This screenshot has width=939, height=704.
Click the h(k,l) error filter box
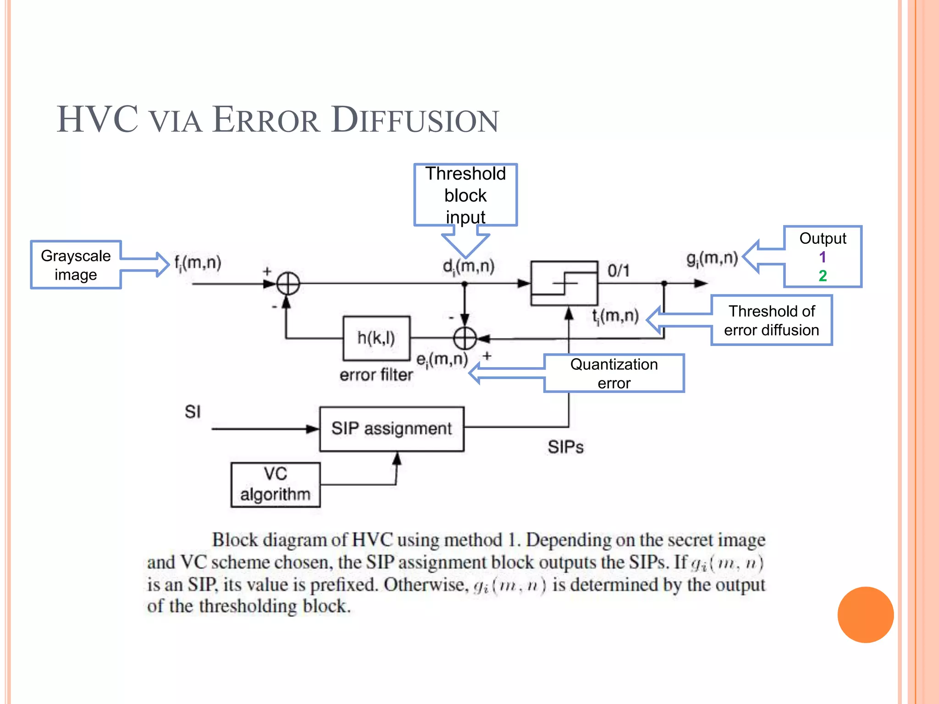coord(376,338)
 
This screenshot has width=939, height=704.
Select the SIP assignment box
coord(392,429)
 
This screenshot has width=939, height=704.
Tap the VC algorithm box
coord(275,484)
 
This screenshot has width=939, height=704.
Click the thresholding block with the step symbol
coord(564,283)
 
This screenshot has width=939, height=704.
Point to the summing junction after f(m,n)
coord(288,283)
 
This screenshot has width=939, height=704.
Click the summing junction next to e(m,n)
coord(464,339)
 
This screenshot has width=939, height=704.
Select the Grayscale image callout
coord(76,265)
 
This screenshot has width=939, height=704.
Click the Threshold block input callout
coord(465,195)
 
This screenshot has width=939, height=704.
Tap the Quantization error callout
coord(613,373)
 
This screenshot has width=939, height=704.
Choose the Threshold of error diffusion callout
coord(771,320)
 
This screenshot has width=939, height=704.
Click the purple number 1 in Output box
coord(823,257)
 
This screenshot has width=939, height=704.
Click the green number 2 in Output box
coord(823,275)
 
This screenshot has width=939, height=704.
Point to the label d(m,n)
coord(468,266)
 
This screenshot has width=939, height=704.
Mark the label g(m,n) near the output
coord(712,259)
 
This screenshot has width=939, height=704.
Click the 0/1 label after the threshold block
coord(618,270)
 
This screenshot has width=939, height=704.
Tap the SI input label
coord(193,412)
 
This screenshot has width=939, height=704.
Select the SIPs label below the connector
coord(565,447)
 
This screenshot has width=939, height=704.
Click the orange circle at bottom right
coord(865,615)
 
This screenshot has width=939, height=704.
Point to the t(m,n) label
coord(615,316)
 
